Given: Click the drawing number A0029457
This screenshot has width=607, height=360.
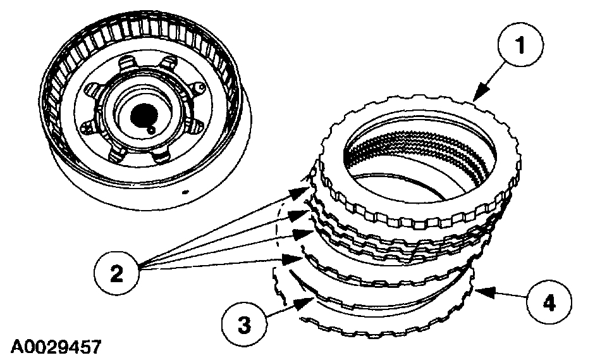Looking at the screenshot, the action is point(55,346).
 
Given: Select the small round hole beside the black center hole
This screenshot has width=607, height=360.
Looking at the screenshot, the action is point(152,130).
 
